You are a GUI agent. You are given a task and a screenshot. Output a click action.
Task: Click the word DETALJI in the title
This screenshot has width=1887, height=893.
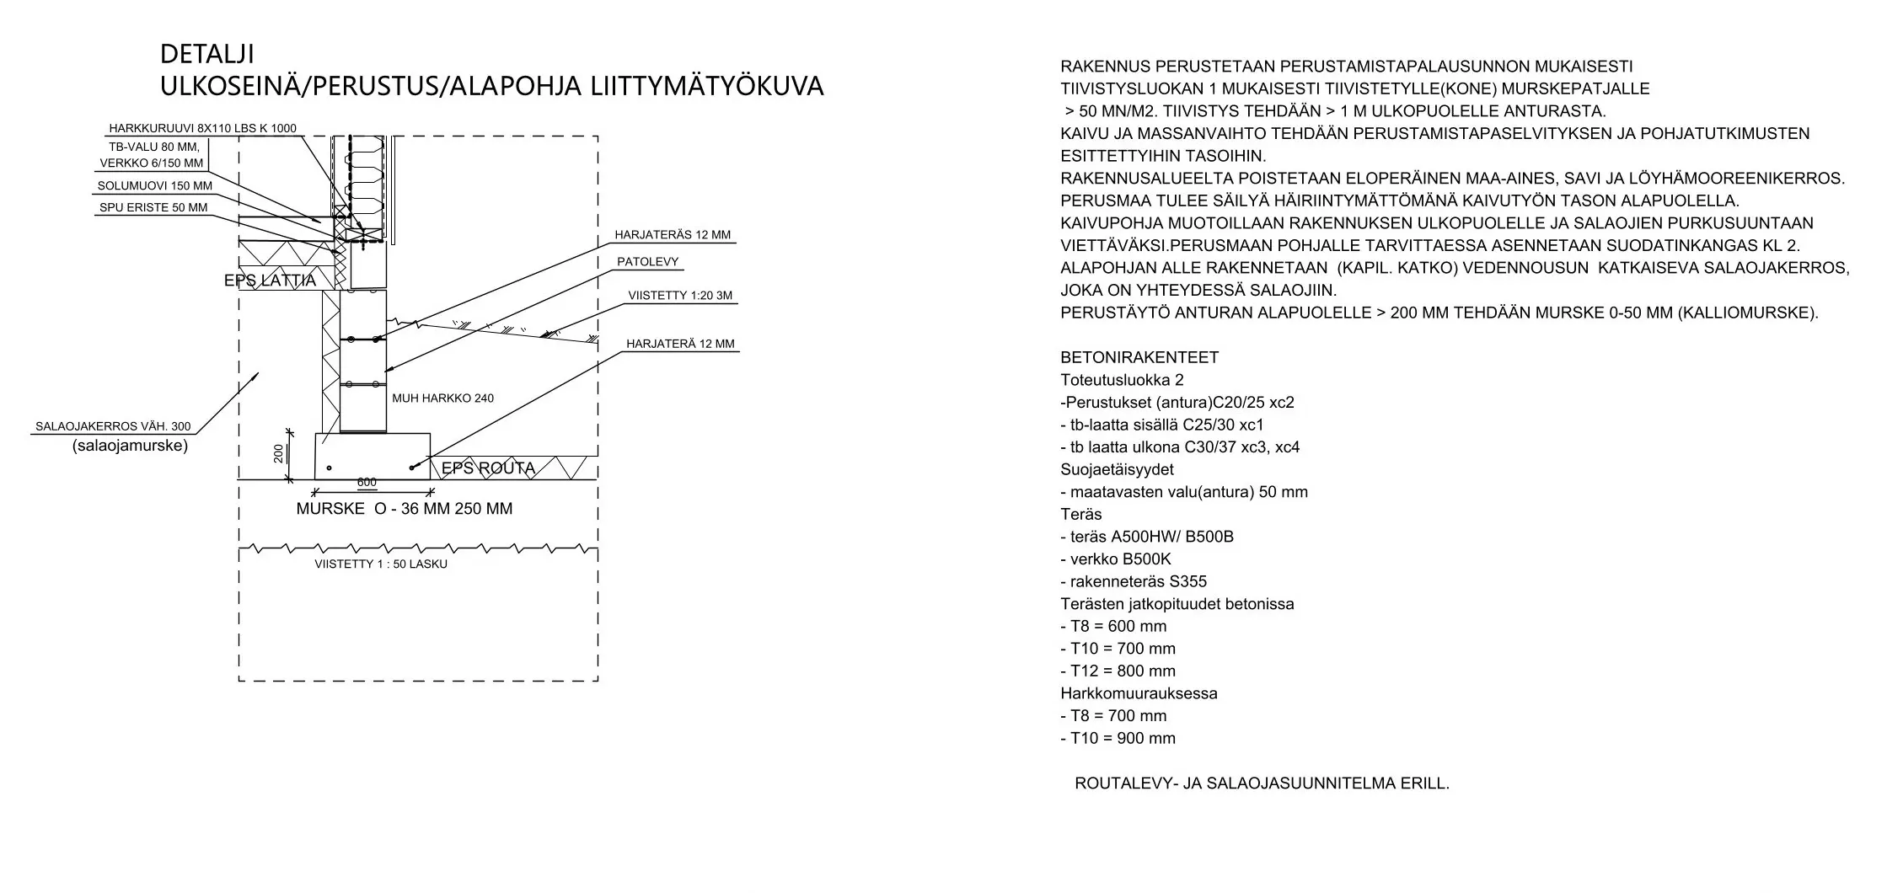click(206, 55)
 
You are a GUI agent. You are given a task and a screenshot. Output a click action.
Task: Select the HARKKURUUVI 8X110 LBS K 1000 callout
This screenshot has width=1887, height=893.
click(202, 129)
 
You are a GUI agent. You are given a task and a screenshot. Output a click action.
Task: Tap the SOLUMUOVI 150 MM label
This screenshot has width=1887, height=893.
click(155, 186)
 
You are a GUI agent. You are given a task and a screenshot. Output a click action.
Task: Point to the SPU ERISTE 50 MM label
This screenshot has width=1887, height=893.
click(153, 208)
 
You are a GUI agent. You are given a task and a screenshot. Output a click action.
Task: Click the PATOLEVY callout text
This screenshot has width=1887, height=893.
click(647, 262)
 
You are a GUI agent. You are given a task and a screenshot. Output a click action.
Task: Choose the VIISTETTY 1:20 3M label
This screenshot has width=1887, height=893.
click(680, 296)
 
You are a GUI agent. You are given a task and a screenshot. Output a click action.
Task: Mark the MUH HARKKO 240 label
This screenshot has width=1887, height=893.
click(442, 398)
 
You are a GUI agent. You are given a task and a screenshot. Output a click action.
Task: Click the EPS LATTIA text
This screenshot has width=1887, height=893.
click(270, 281)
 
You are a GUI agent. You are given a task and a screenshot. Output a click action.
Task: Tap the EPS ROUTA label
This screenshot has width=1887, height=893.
click(488, 468)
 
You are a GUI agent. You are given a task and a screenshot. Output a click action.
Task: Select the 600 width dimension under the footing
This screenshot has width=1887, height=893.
click(367, 483)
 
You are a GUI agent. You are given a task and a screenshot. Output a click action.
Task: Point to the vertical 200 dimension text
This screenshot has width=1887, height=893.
click(279, 454)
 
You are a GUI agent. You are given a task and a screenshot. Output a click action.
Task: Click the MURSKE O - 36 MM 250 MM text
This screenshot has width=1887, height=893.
click(404, 509)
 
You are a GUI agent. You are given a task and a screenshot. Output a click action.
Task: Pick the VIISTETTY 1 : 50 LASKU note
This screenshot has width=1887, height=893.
click(381, 564)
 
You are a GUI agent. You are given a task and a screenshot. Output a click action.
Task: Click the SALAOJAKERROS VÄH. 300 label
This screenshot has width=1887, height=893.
click(113, 427)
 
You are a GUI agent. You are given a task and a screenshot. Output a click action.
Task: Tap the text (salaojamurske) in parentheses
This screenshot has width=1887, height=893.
click(130, 446)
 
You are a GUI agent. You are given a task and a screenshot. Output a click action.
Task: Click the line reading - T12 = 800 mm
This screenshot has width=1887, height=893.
click(1118, 671)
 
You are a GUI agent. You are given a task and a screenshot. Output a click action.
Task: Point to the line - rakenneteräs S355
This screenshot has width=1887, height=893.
click(1134, 581)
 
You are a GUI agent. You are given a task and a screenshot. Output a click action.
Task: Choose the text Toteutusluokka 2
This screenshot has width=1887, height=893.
click(1122, 380)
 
